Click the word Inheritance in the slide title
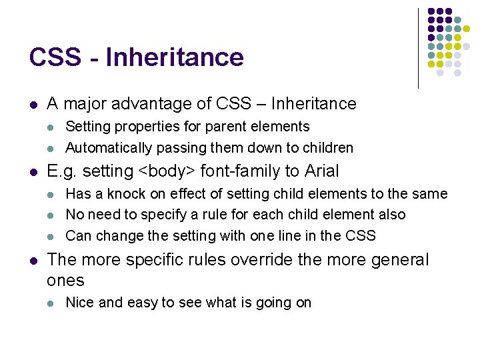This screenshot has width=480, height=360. coord(175,57)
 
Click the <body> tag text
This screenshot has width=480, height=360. coord(165,171)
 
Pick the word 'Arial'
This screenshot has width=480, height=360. coord(321,171)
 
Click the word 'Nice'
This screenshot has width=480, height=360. coord(79,303)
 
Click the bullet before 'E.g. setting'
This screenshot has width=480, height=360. coord(33,172)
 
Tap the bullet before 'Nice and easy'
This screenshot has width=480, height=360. coord(52,303)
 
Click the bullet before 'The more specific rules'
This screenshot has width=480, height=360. coord(33,260)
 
